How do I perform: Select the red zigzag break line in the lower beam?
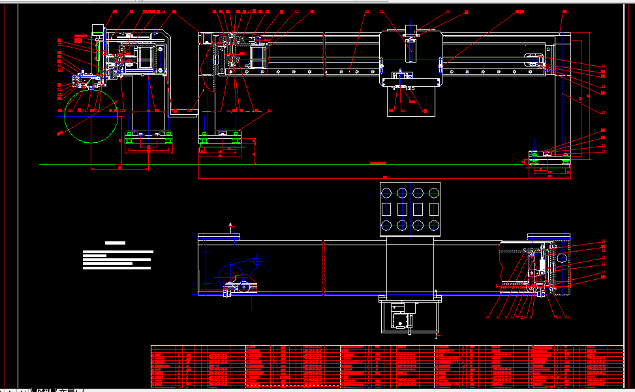click(324, 267)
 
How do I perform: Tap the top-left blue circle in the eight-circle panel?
click(386, 192)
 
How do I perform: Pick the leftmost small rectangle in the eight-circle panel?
click(386, 209)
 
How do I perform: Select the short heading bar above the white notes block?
click(115, 243)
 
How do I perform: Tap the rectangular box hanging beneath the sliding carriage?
click(410, 102)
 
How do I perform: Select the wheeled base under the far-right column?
click(550, 157)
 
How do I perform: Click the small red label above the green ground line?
click(378, 162)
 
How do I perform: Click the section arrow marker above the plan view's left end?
click(231, 226)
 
